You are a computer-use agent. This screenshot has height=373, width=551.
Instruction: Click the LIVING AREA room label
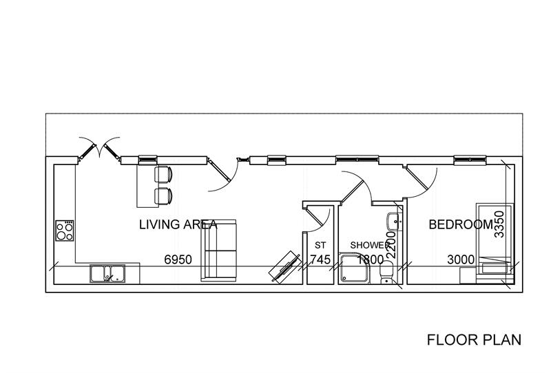[x=178, y=224]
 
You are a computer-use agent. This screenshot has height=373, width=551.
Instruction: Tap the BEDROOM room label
[x=461, y=224]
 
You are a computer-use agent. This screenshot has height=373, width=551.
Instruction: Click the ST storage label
[x=320, y=245]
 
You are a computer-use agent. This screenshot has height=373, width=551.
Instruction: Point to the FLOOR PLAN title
[x=474, y=339]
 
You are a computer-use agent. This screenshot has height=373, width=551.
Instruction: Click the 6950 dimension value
[x=178, y=259]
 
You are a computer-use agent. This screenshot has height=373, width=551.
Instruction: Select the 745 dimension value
[x=320, y=259]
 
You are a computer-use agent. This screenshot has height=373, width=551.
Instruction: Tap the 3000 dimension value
[x=461, y=259]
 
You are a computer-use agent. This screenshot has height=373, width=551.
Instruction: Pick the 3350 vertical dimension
[x=501, y=224]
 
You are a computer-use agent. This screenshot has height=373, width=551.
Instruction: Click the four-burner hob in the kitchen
[x=65, y=230]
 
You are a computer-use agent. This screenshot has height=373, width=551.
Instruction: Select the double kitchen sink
[x=107, y=273]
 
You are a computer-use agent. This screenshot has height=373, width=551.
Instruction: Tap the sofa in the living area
[x=218, y=251]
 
